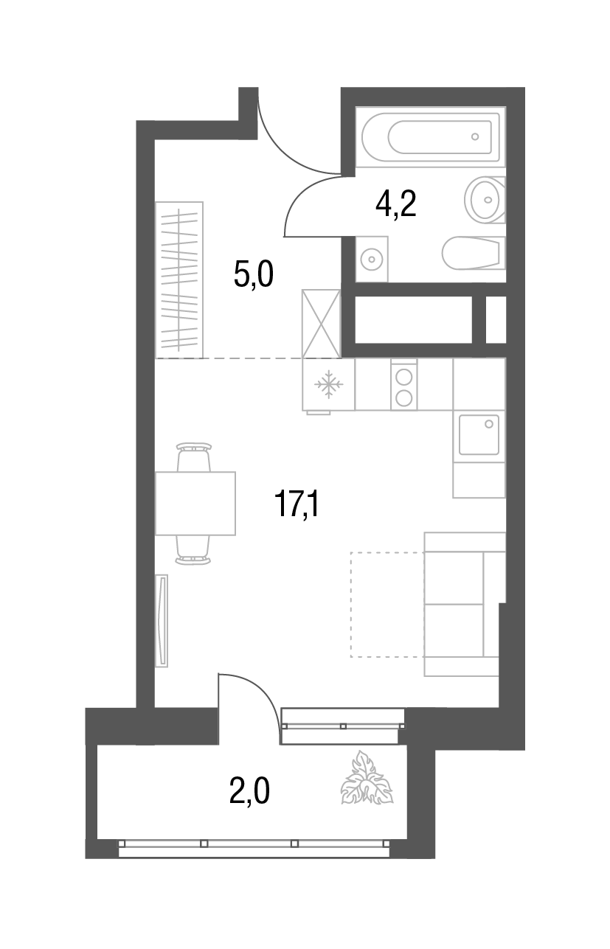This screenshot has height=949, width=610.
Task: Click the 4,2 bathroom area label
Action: coord(396,204)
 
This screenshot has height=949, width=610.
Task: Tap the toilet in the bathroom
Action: coord(473,253)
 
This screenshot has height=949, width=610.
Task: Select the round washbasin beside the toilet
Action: coord(485,198)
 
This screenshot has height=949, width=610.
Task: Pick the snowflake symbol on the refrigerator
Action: coord(329,384)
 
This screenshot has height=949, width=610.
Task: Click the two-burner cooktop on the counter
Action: coord(403,385)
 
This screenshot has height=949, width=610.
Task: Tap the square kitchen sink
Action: coord(478,434)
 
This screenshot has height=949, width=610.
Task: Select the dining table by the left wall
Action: coord(195,503)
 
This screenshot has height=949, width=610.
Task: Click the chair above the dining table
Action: coord(194,456)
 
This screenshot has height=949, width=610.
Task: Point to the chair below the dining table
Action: coord(194,550)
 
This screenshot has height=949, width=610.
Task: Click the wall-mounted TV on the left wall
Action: coord(162,621)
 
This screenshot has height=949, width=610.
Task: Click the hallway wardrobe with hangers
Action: coord(179,279)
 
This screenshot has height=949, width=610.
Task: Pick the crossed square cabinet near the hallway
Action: coord(321,323)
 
